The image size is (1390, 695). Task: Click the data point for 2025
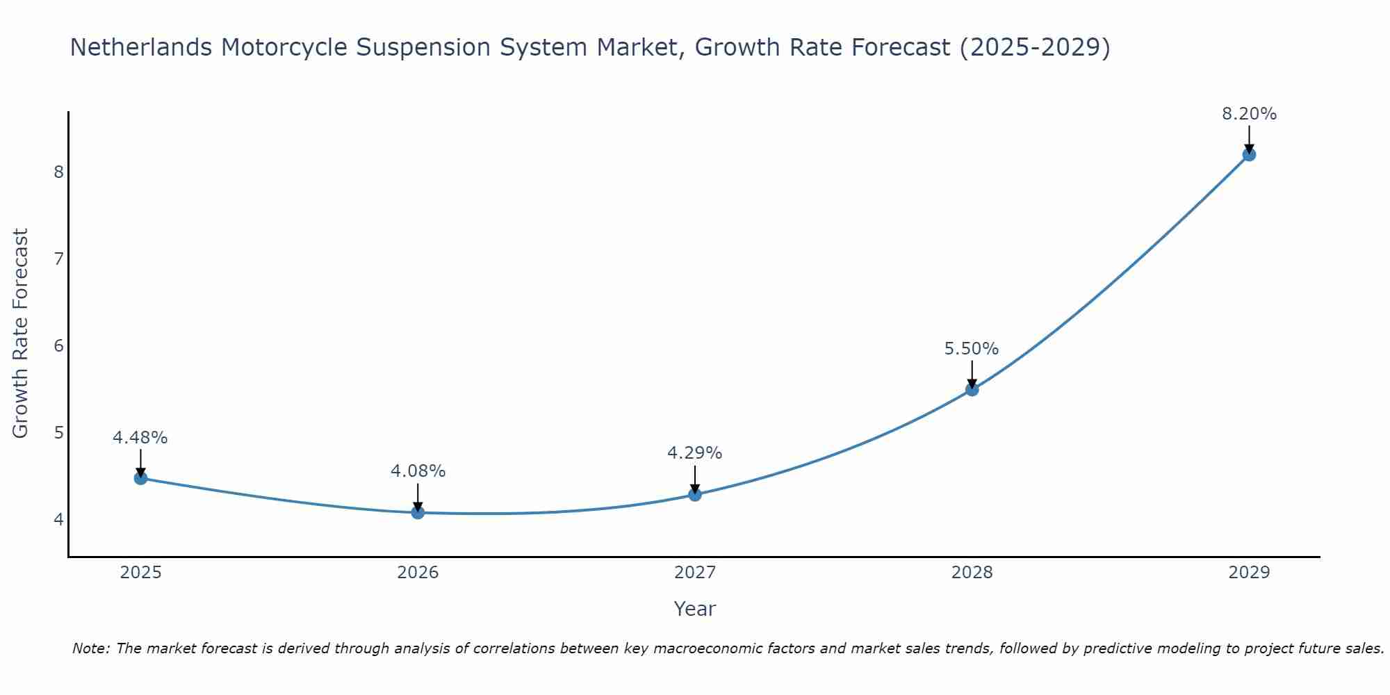[x=140, y=478]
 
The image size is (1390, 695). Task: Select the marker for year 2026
[x=418, y=513]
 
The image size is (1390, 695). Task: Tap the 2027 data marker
[x=695, y=495]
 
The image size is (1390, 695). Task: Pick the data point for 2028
[x=972, y=390]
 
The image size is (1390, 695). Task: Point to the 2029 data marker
[x=1249, y=155]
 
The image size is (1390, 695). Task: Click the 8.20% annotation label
[x=1249, y=114]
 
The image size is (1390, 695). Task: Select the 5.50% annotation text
[x=971, y=349]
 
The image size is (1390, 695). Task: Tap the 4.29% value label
[x=694, y=453]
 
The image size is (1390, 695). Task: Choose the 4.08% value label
[x=418, y=471]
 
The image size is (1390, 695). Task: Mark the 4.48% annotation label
[x=140, y=438]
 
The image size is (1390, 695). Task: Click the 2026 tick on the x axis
[x=418, y=573]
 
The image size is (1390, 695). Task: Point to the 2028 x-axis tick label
[x=972, y=573]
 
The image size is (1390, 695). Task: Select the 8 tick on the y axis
[x=59, y=172]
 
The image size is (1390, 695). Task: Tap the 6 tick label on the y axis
[x=59, y=345]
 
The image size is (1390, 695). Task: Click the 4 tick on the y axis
[x=59, y=519]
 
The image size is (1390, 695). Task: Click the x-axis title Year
[x=694, y=609]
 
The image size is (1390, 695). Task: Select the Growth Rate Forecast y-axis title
[x=21, y=334]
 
